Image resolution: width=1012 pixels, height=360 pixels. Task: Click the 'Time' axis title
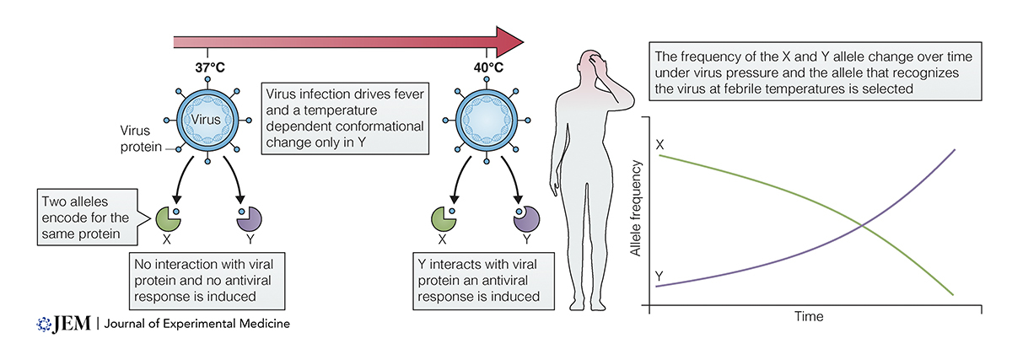click(x=808, y=318)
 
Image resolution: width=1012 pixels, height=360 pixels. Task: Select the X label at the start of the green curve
click(x=660, y=145)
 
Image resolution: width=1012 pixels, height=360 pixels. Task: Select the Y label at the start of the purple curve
click(x=659, y=275)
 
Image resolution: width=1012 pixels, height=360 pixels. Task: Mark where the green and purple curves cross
click(x=859, y=223)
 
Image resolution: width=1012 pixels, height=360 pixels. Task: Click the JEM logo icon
click(x=45, y=324)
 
